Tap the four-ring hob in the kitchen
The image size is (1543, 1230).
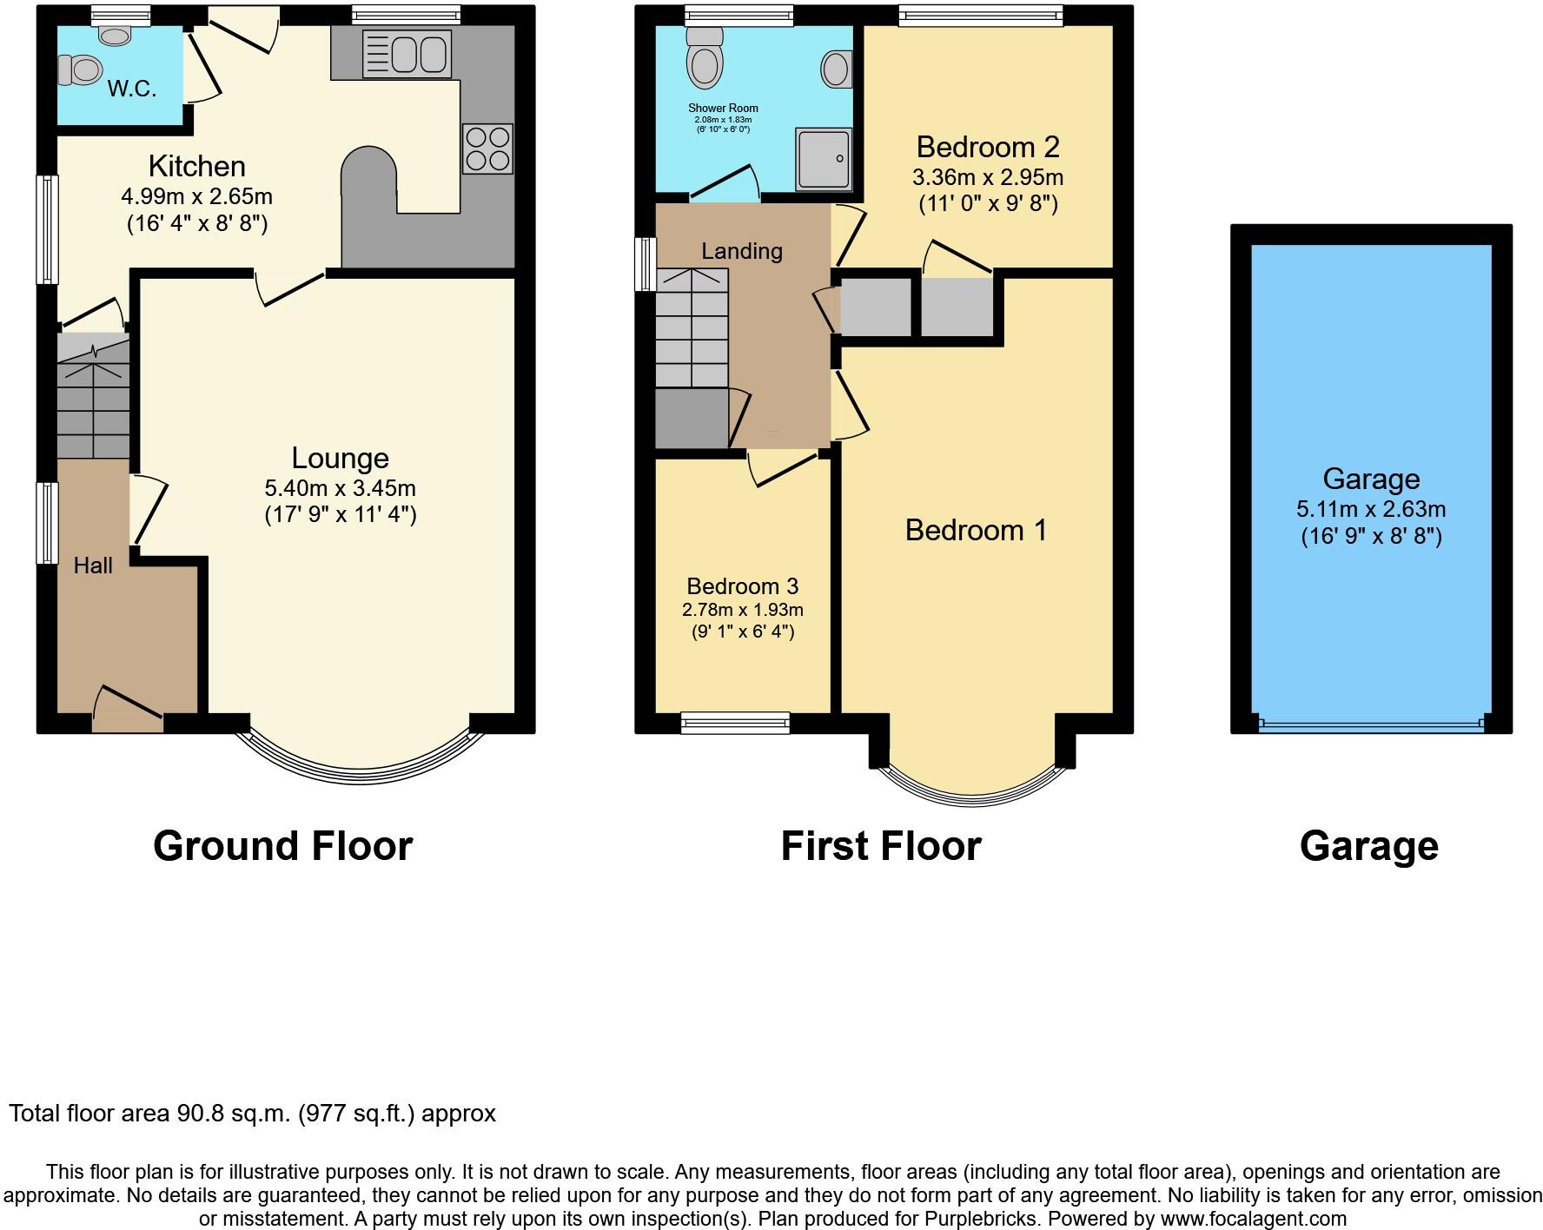pos(487,149)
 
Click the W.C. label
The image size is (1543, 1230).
pos(132,89)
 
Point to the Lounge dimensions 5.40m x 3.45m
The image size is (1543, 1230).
pos(341,488)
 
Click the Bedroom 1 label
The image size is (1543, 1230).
pos(976,530)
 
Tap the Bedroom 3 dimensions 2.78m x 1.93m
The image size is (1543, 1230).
pos(742,610)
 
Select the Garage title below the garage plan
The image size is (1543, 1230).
pos(1368,846)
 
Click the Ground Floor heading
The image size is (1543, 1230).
pos(282,846)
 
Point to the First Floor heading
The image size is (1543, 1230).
pos(881,846)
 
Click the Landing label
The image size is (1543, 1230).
pos(742,251)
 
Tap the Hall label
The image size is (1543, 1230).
pos(93,566)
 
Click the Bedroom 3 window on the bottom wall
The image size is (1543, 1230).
pos(735,722)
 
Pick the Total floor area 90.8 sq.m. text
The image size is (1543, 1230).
pos(252,1114)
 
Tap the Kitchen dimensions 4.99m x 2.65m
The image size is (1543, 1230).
pos(196,197)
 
